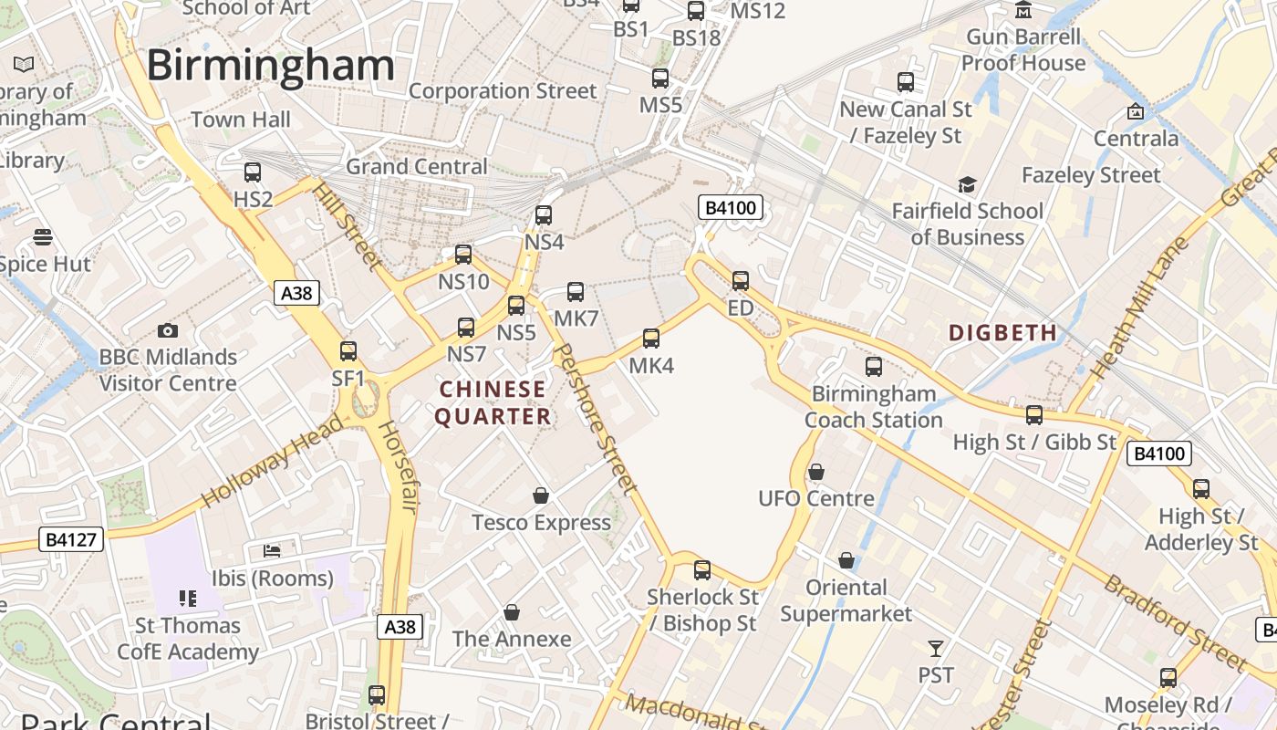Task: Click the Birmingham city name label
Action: [270, 66]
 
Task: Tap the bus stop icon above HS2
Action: [253, 172]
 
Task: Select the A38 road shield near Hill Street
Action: [296, 292]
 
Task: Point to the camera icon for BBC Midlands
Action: [168, 330]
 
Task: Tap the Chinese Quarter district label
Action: [493, 403]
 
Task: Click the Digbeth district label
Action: [1002, 333]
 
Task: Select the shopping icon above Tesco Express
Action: [541, 495]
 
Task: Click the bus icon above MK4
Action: [651, 339]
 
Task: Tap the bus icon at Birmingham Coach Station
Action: [874, 367]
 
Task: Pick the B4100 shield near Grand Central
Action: [730, 208]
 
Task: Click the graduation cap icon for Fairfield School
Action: [967, 185]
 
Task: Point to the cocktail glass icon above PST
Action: [936, 649]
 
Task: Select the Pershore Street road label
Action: [595, 418]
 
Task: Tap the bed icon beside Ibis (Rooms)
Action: [272, 550]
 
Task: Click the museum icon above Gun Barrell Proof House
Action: [1023, 11]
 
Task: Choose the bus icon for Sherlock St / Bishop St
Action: [702, 570]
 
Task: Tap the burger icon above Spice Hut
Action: [42, 238]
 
